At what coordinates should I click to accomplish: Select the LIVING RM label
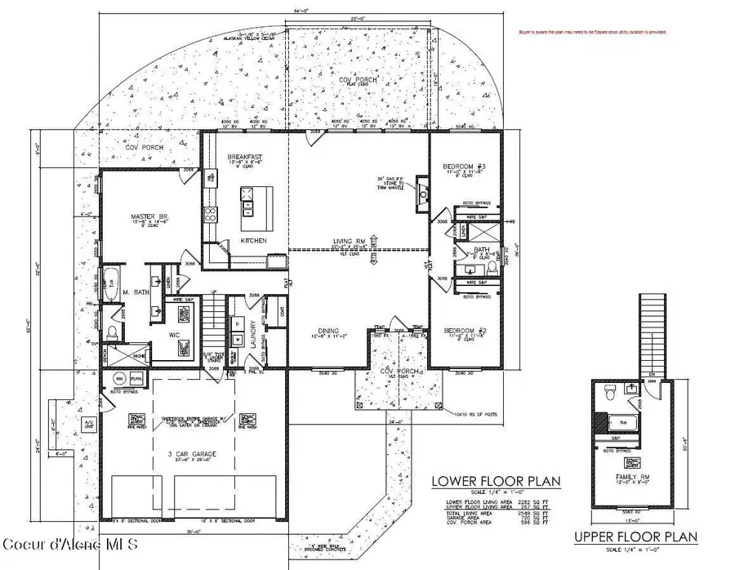[350, 242]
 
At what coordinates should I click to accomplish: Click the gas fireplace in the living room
[423, 192]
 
